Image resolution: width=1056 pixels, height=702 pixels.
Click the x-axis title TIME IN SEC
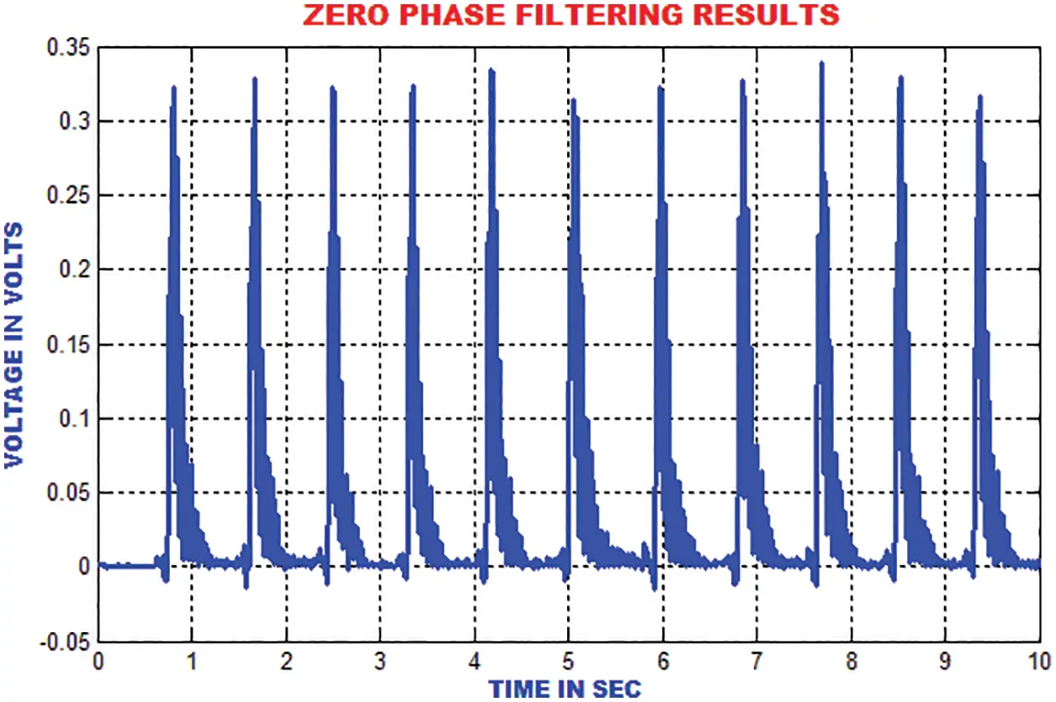(x=565, y=688)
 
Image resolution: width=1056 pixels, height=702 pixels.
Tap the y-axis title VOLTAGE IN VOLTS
(x=14, y=345)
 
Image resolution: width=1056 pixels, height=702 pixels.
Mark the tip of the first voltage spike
(x=173, y=87)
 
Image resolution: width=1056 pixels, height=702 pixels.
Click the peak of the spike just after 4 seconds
(x=491, y=70)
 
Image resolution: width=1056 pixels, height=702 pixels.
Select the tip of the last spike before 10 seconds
(x=979, y=96)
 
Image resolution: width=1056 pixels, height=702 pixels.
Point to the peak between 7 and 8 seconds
(x=821, y=62)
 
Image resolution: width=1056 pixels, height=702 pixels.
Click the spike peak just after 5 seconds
(x=573, y=98)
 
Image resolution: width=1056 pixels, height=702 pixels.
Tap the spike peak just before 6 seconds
(x=661, y=87)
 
